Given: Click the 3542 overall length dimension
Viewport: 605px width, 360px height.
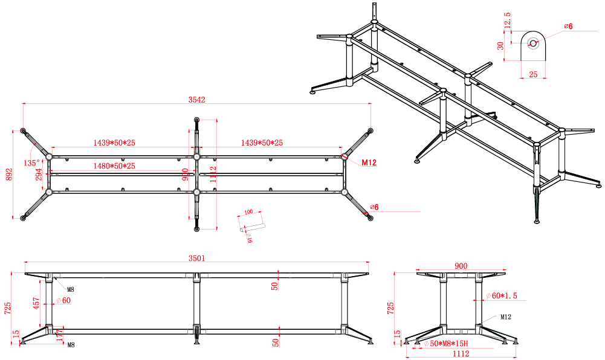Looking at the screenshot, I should point(197,100).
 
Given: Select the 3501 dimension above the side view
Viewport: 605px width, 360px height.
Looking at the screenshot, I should point(197,258).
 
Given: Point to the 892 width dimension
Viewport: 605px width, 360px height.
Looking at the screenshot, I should point(8,175).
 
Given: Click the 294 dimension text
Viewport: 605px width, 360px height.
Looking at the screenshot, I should point(39,175).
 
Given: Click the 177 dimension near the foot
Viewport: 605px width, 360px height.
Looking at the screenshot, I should point(59,336).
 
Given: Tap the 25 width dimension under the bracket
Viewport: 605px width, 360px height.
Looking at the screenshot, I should point(533,74).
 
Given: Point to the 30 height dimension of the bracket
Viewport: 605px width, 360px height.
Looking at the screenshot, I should point(500,47).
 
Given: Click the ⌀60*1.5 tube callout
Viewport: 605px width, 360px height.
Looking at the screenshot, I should point(502,295).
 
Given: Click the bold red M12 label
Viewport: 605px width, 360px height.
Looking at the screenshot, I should point(369,162).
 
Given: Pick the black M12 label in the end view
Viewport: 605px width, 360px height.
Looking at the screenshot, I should point(506,317).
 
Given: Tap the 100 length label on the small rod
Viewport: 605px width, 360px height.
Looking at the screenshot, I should point(248,212).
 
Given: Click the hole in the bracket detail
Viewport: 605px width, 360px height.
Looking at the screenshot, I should point(533,42).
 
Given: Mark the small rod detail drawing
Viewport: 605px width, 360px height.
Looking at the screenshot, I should point(252,228).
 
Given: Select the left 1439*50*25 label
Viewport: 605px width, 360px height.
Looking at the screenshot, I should point(114,143).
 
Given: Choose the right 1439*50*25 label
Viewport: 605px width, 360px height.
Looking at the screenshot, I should point(262,143).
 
